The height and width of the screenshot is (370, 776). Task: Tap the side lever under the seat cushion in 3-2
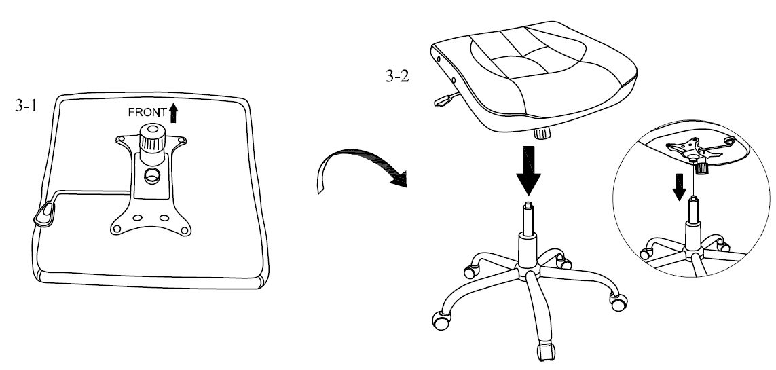[443, 99]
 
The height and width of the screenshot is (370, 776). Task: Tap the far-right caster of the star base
[618, 303]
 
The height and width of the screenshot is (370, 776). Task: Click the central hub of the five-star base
[528, 273]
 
